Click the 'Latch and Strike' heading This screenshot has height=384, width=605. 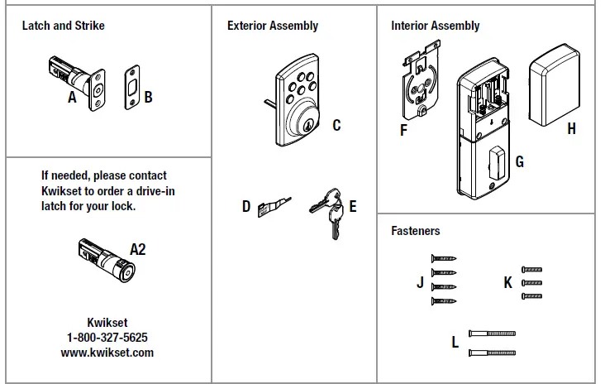point(63,26)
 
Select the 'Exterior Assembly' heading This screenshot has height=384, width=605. point(273,26)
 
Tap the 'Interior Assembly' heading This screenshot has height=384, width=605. point(435,26)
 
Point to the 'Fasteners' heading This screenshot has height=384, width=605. point(416,231)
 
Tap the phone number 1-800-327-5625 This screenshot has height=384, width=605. point(107,338)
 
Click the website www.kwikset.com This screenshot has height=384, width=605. point(107,352)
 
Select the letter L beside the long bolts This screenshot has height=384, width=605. point(455,341)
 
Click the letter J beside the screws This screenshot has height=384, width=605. point(420,282)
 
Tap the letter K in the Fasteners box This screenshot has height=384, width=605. point(507,283)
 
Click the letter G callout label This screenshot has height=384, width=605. point(519,161)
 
